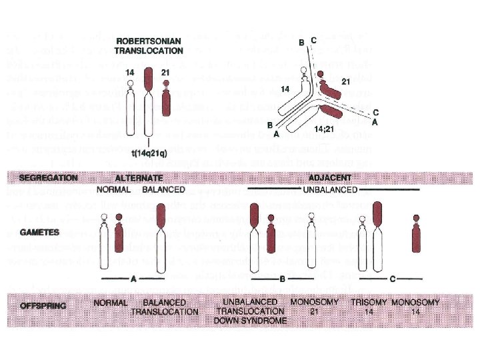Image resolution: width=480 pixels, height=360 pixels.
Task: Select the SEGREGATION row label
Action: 49,178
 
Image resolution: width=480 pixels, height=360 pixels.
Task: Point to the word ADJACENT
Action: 331,178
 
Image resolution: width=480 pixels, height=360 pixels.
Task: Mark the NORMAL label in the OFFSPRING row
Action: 111,302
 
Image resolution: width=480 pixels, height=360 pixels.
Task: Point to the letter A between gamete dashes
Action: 134,279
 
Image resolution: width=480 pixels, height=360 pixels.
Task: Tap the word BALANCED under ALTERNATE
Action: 159,189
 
